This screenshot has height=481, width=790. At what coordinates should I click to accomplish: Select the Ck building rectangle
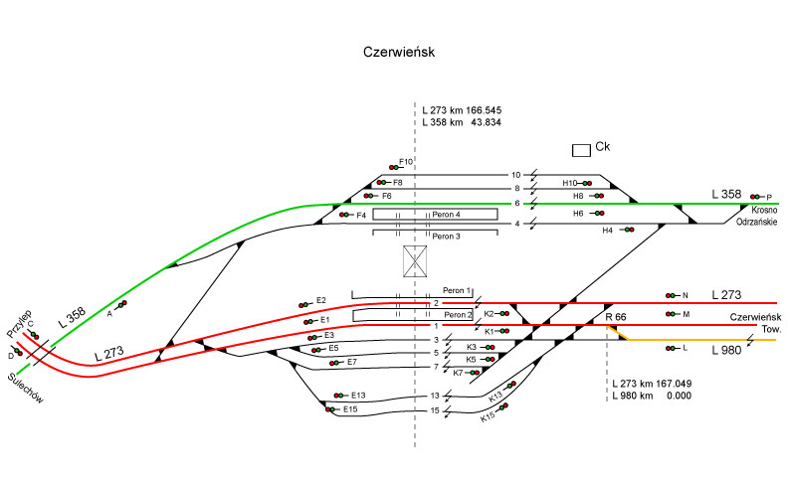pyautogui.click(x=581, y=149)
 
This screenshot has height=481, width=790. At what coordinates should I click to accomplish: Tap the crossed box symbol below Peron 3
pyautogui.click(x=414, y=260)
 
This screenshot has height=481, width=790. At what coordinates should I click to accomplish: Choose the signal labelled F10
pyautogui.click(x=395, y=168)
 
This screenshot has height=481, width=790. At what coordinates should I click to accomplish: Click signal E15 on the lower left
pyautogui.click(x=331, y=409)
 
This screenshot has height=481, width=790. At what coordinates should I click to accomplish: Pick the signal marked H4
pyautogui.click(x=627, y=230)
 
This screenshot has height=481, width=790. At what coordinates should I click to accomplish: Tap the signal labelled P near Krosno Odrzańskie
pyautogui.click(x=758, y=197)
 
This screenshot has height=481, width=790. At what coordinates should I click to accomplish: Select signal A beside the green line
pyautogui.click(x=121, y=305)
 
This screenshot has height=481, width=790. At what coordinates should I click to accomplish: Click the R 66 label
pyautogui.click(x=615, y=317)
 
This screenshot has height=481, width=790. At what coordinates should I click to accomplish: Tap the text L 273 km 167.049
pyautogui.click(x=654, y=383)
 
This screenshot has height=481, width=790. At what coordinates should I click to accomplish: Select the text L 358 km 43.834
pyautogui.click(x=462, y=122)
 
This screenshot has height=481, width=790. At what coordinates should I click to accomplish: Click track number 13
pyautogui.click(x=434, y=396)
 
